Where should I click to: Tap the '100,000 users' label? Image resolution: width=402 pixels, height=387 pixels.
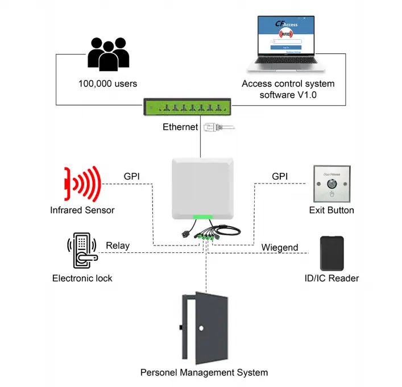107,84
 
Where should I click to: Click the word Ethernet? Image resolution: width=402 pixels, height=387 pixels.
180,127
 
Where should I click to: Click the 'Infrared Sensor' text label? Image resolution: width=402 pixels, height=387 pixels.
82,210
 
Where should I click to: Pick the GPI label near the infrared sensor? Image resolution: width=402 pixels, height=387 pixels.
132,177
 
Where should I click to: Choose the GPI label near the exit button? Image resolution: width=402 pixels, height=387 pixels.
280,177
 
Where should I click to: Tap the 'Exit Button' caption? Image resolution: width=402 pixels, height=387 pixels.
331,210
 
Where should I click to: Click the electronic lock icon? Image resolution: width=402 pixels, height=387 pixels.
82,251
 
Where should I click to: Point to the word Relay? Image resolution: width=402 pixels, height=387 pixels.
118,246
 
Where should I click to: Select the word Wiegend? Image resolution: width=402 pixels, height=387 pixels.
280,248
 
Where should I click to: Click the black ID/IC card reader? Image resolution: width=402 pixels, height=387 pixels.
332,253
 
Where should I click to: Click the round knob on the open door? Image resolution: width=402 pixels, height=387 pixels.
201,328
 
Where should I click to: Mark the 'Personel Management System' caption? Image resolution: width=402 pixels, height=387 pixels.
204,373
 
